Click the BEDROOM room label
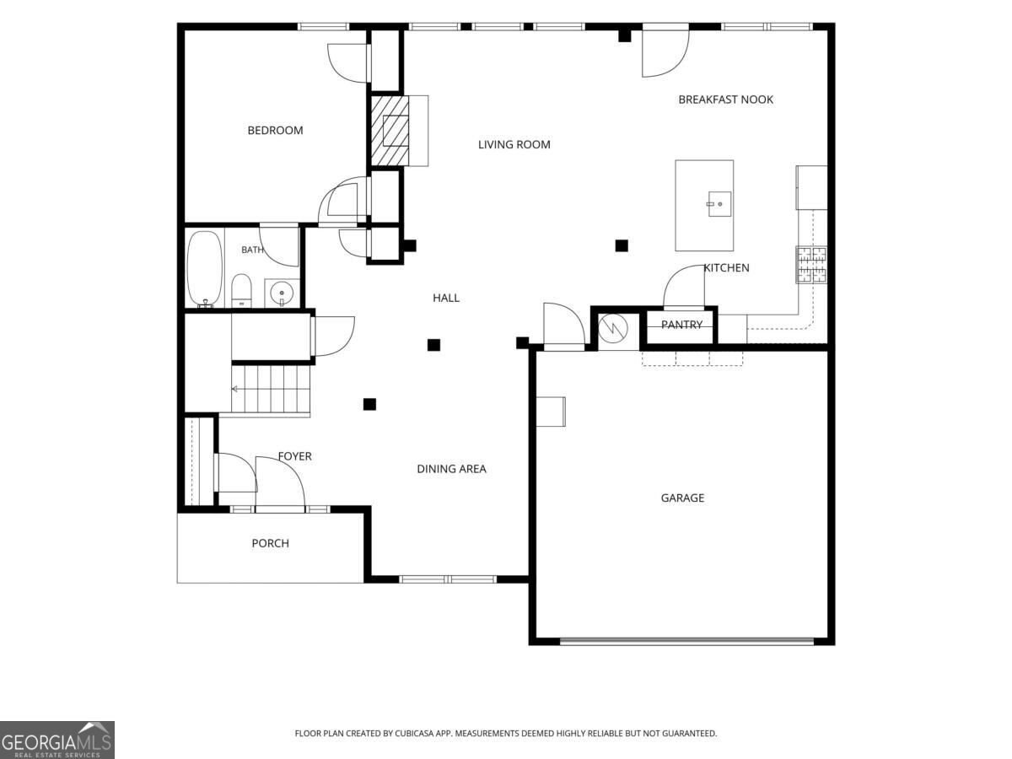275,131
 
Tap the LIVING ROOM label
514,145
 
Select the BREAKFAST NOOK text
726,100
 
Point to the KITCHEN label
727,267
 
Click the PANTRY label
681,325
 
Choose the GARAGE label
682,498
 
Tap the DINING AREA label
451,469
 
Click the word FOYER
294,456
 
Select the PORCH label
270,543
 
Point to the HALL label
446,299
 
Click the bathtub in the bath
204,269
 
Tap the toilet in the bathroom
241,291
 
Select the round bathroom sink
282,293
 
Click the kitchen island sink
719,204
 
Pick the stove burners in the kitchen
812,265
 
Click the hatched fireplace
390,131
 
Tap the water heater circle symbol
613,328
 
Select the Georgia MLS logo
57,740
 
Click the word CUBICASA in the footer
414,733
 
